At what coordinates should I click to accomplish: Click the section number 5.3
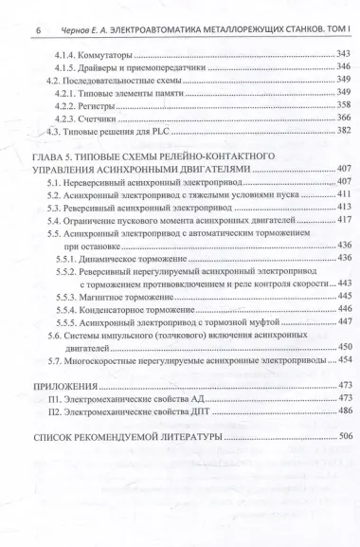[x=55, y=206]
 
